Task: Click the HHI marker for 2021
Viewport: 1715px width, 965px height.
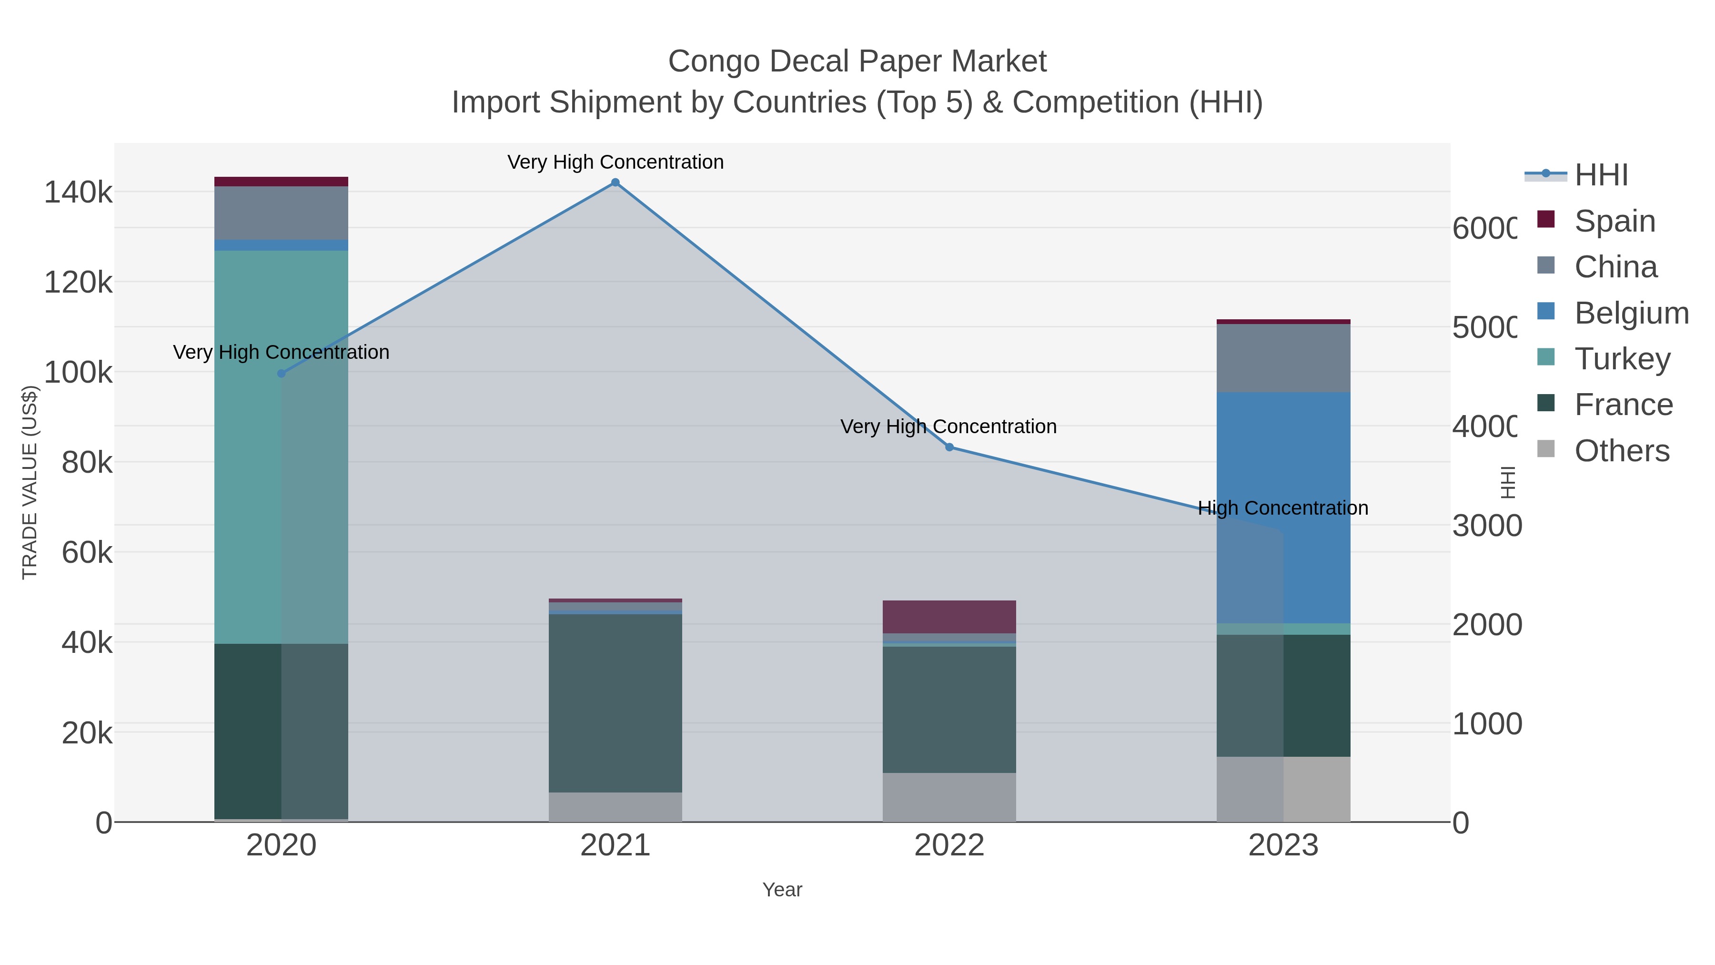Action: [x=615, y=183]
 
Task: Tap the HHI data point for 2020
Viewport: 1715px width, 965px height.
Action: [x=281, y=374]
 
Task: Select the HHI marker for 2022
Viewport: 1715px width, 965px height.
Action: [x=949, y=447]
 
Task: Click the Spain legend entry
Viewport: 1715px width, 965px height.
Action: [x=1614, y=221]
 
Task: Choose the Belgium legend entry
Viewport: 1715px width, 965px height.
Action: [x=1631, y=313]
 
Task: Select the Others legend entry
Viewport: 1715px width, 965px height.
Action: [x=1621, y=451]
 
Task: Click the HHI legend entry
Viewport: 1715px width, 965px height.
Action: [x=1601, y=175]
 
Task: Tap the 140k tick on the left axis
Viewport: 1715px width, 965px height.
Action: [x=78, y=193]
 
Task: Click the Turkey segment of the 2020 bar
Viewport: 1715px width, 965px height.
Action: [x=281, y=446]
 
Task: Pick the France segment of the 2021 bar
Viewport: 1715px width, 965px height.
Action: [x=615, y=702]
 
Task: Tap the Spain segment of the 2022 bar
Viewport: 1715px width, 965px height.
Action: [x=949, y=617]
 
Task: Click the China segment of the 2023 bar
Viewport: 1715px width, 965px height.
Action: [x=1283, y=358]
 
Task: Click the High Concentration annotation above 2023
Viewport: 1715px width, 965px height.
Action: [x=1283, y=508]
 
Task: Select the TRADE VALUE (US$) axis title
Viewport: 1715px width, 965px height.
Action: [x=30, y=482]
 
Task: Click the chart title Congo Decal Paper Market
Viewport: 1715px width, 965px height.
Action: [x=857, y=61]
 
